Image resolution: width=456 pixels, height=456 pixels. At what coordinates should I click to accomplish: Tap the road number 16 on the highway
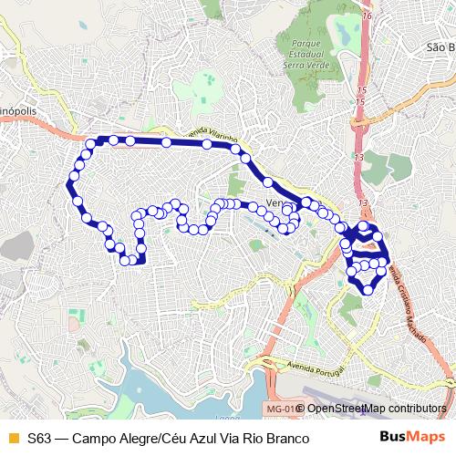[367, 16]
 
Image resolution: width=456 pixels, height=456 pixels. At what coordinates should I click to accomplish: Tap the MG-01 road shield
[281, 409]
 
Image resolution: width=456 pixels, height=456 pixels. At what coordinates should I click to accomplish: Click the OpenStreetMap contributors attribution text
[377, 409]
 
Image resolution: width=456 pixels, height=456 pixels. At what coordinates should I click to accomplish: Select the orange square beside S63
[13, 438]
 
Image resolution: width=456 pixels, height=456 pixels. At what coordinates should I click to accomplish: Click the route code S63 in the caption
[38, 438]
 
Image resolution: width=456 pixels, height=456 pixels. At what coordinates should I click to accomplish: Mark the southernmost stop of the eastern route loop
[368, 289]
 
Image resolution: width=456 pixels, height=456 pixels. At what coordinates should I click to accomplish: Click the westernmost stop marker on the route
[69, 185]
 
